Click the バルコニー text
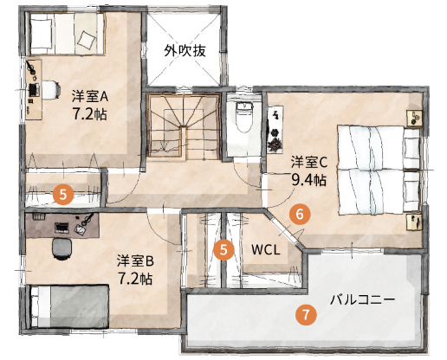pos(362,299)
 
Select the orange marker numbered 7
pos(304,315)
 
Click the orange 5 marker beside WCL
pos(224,250)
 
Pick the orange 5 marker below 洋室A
pos(62,194)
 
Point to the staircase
pos(183,127)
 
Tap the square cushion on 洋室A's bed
pos(85,38)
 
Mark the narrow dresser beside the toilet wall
pos(276,126)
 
